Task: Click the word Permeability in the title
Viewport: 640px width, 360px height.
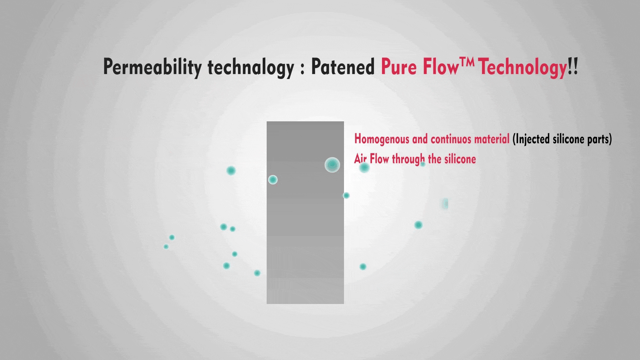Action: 152,67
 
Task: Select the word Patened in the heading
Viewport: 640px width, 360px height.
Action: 343,67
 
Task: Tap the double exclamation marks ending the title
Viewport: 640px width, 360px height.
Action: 573,67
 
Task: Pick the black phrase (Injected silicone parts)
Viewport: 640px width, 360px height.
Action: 562,139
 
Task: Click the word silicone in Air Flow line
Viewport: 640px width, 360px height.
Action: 460,159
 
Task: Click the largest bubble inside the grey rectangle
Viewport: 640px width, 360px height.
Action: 332,165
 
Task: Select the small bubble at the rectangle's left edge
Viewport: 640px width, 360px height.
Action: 273,180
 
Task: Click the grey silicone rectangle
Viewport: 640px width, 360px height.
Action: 305,213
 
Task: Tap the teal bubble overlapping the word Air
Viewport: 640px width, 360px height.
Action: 364,167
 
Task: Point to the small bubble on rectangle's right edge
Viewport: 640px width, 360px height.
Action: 346,195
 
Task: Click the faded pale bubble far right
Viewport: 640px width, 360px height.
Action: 445,203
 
